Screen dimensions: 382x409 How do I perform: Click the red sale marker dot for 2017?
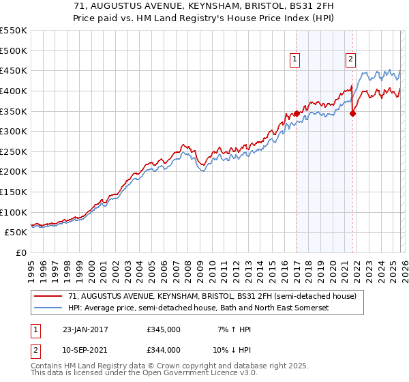[297, 113]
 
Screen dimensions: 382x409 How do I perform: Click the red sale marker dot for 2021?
[352, 114]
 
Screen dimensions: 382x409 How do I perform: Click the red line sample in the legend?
[48, 297]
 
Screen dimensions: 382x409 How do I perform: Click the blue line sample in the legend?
[48, 308]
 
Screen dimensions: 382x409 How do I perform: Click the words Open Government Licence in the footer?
[183, 373]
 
